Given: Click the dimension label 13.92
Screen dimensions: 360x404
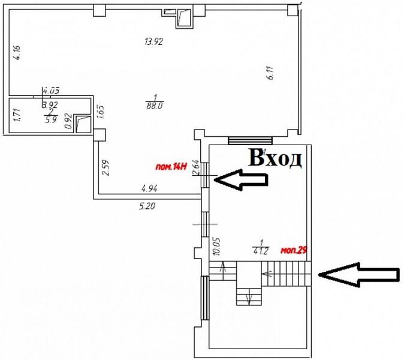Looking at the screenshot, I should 154,42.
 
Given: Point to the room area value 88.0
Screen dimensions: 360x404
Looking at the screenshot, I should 155,104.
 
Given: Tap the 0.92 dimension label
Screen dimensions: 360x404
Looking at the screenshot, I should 68,122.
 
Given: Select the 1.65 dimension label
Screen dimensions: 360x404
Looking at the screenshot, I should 101,112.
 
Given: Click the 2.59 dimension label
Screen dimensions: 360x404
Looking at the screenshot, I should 105,166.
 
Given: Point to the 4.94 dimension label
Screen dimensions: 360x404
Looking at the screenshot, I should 149,188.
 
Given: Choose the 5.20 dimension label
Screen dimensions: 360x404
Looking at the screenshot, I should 147,206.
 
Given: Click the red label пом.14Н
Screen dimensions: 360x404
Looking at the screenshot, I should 170,167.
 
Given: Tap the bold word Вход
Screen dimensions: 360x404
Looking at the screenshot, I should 275,158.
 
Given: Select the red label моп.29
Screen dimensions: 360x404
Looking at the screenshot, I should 294,250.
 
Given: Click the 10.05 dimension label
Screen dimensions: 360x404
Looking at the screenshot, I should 216,248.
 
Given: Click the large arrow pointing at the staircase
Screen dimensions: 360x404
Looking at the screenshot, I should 358,274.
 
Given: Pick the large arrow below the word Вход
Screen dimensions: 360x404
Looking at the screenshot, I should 242,179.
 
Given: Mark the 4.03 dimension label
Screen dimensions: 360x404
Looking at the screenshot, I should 49,91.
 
